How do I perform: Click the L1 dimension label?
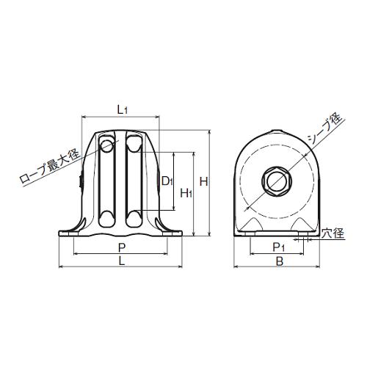click(x=122, y=110)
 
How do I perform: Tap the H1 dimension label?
click(x=186, y=193)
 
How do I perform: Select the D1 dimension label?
click(x=167, y=181)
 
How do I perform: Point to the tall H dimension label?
click(x=203, y=181)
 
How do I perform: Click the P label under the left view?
click(x=122, y=248)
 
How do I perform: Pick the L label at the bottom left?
click(x=122, y=261)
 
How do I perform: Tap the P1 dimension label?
click(x=278, y=247)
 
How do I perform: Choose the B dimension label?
click(x=280, y=261)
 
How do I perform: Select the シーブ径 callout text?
click(x=324, y=129)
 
